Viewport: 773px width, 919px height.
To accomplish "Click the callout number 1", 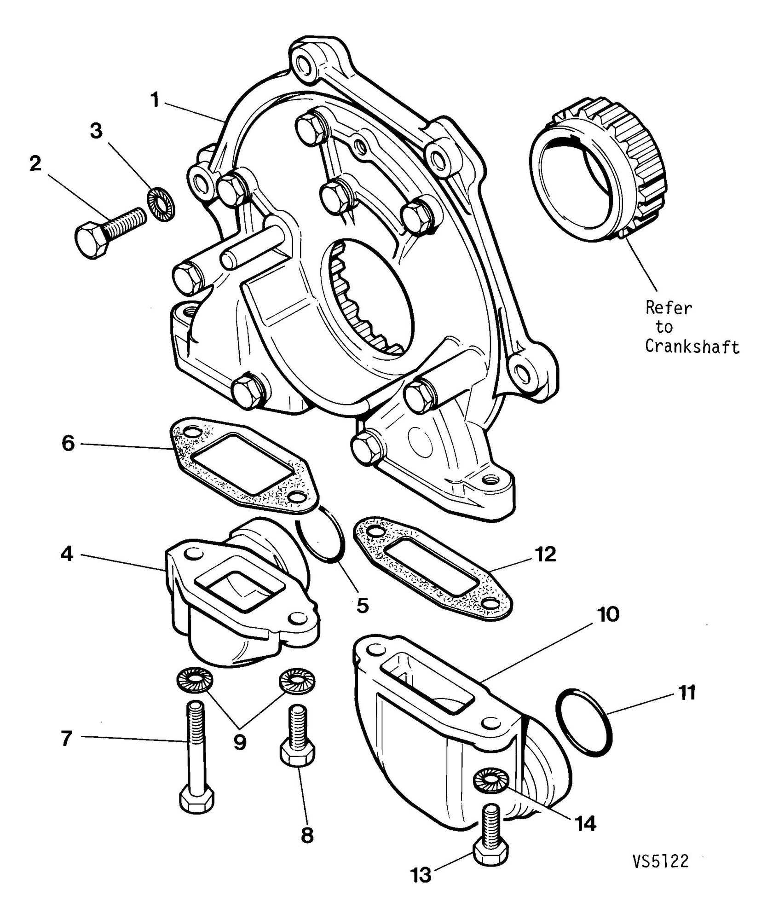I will click(x=156, y=100).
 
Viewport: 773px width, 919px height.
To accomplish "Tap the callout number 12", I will click(x=546, y=555).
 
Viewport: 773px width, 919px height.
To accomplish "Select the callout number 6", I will click(x=68, y=445).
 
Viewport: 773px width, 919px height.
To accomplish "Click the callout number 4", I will click(x=67, y=555).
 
